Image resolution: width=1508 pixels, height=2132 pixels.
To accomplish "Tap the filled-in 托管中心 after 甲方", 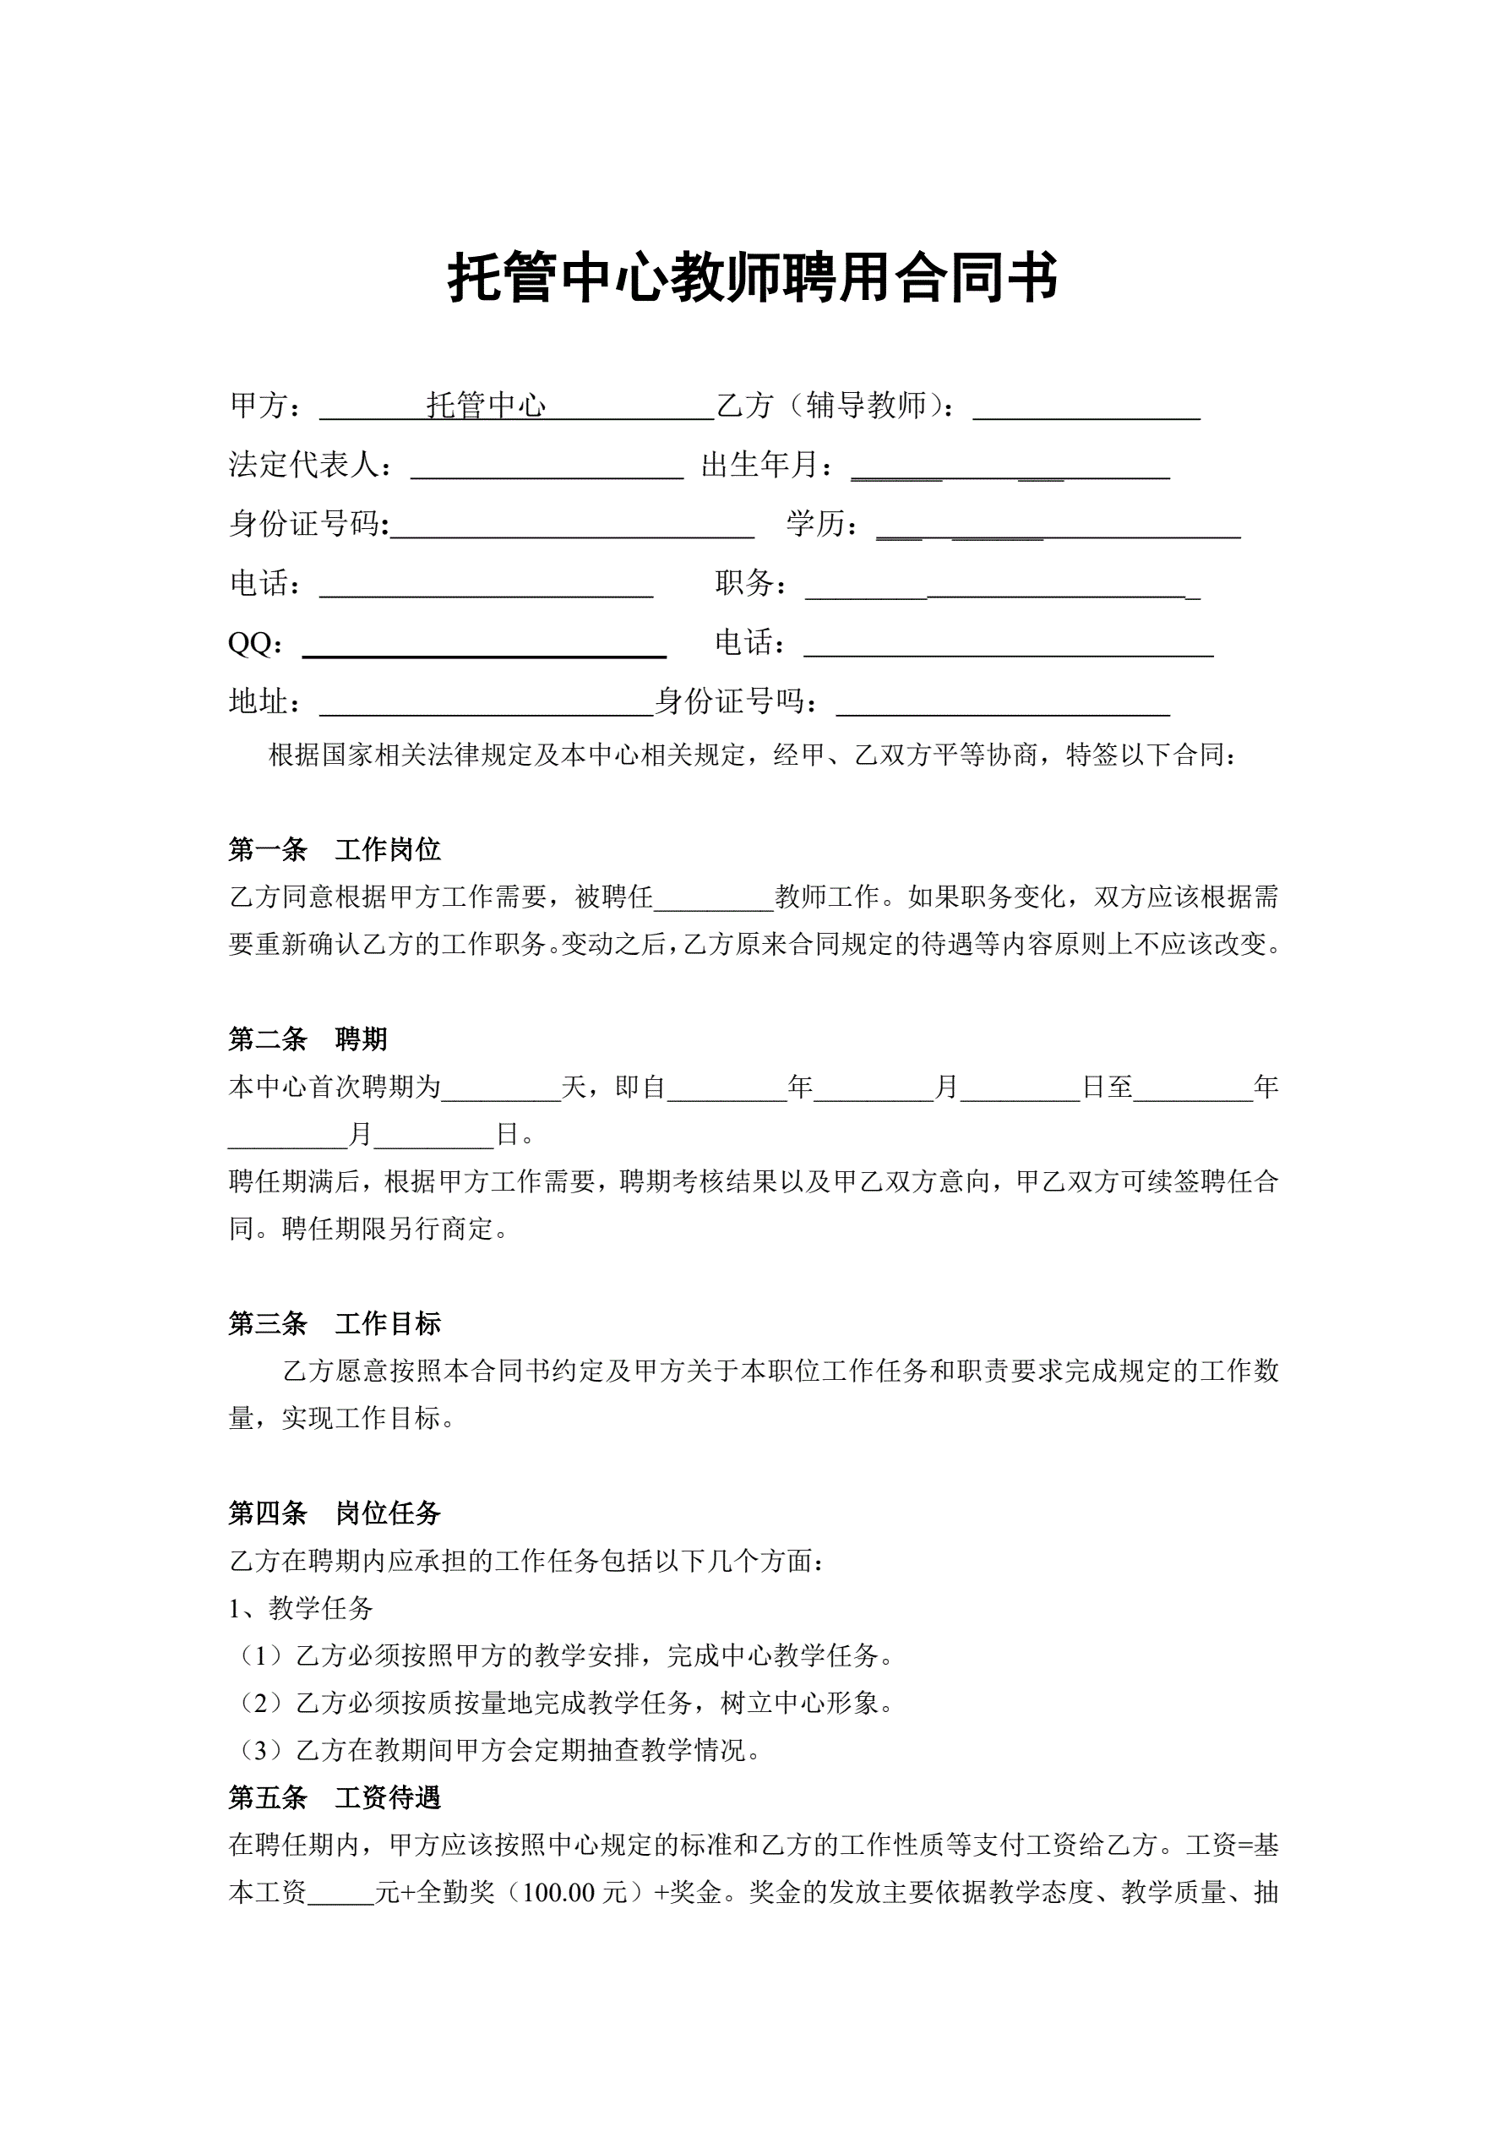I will coord(486,406).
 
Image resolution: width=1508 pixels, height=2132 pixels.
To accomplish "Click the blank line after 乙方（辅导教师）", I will coord(1086,409).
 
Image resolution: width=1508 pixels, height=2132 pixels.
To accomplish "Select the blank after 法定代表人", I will coord(547,468).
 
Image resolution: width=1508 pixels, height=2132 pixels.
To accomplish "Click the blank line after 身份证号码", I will coord(572,527).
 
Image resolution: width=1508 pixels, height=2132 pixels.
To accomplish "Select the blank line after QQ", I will coord(484,646).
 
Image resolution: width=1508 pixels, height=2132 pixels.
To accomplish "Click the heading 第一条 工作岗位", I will coord(335,848).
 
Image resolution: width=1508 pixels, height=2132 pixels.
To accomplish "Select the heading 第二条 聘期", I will coord(308,1039).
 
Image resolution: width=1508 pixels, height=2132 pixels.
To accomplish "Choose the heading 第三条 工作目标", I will coord(335,1323).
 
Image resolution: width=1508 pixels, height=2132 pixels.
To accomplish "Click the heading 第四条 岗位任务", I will coord(335,1513).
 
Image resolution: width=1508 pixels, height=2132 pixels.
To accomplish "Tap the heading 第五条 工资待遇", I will coord(335,1797).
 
